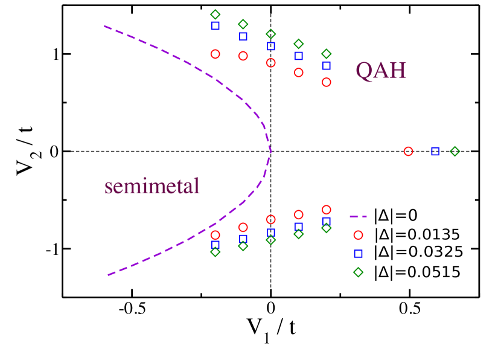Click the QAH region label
click(380, 71)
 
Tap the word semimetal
click(152, 186)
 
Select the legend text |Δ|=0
click(395, 216)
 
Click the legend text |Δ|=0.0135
click(416, 234)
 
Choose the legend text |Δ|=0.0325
click(418, 253)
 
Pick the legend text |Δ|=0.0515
click(417, 272)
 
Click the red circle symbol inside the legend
click(358, 235)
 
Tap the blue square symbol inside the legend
click(358, 254)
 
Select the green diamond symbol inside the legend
click(358, 272)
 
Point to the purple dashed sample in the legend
click(358, 216)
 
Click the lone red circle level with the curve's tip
click(408, 152)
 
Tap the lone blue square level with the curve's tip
click(435, 151)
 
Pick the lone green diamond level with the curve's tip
click(455, 152)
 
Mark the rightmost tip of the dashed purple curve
click(270, 151)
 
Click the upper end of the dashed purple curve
click(104, 26)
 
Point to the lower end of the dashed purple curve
click(108, 275)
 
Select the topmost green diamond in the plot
click(215, 14)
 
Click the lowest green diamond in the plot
click(215, 252)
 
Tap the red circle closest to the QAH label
click(327, 82)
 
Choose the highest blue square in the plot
click(215, 26)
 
